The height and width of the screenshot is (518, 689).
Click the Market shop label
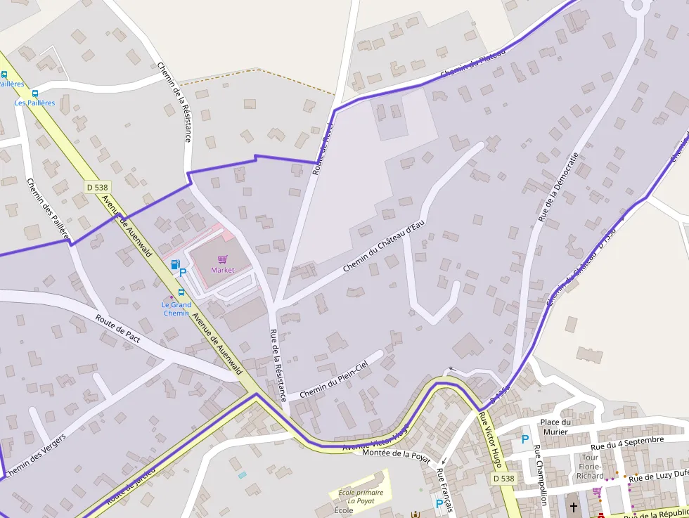[222, 270]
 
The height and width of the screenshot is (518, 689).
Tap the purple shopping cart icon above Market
[223, 259]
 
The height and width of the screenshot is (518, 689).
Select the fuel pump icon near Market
[174, 264]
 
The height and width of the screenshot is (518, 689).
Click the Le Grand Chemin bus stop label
[176, 309]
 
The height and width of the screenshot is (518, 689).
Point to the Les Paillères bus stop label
[35, 103]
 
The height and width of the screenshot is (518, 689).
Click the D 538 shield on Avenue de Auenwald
[97, 187]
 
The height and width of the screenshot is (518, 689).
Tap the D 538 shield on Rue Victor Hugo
[503, 478]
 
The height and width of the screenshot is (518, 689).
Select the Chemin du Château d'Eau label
[385, 247]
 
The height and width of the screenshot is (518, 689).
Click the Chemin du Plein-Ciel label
[333, 380]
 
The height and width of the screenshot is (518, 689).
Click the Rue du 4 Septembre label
[626, 443]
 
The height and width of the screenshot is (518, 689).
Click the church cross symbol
[573, 507]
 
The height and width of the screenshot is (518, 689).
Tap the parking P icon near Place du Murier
[524, 439]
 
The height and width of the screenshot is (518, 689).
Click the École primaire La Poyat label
[361, 497]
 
